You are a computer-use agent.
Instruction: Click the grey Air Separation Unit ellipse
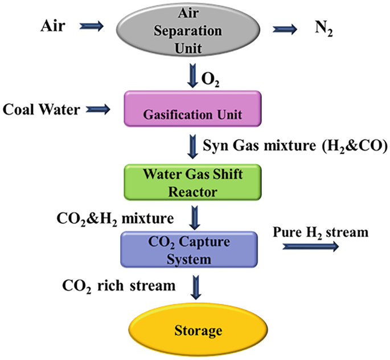[191, 30]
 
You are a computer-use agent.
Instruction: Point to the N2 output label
[322, 30]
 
